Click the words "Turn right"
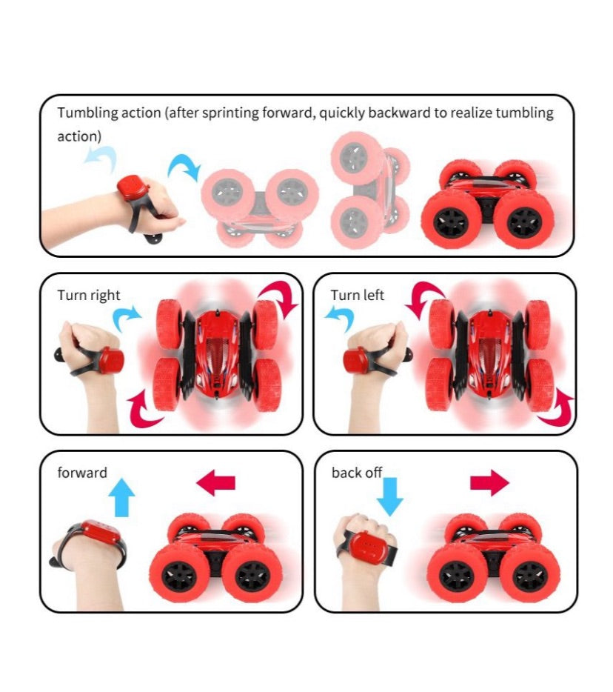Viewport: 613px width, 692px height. click(89, 295)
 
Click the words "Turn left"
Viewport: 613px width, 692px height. click(358, 295)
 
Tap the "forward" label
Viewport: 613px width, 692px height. click(82, 473)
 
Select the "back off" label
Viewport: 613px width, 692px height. click(356, 473)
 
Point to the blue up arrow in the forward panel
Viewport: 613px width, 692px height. click(121, 497)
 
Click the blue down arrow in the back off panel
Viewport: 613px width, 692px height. click(390, 496)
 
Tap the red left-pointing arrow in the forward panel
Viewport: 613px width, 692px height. click(215, 482)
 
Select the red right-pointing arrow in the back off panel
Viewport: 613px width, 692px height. click(489, 482)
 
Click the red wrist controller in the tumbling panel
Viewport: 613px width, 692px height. click(133, 188)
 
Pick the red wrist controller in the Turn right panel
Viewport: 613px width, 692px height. click(111, 359)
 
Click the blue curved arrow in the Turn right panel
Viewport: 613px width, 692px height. click(127, 318)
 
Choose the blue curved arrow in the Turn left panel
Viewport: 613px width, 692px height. click(340, 317)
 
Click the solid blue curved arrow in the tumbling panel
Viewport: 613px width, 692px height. click(184, 168)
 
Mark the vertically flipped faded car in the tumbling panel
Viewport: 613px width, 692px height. click(369, 190)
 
